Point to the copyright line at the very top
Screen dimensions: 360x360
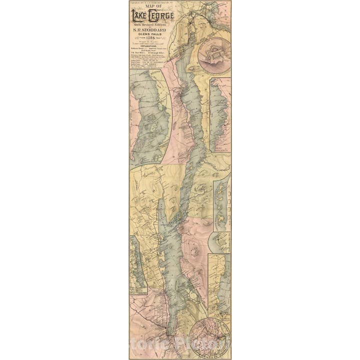[150, 2]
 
